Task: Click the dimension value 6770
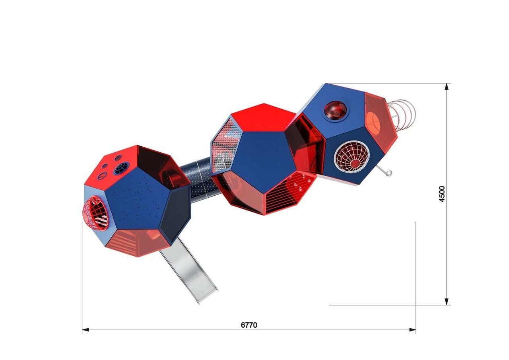tap(249, 325)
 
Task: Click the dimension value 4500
tap(442, 194)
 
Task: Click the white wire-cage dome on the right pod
tap(352, 157)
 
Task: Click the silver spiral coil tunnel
tap(402, 115)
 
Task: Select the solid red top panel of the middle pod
tap(264, 118)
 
